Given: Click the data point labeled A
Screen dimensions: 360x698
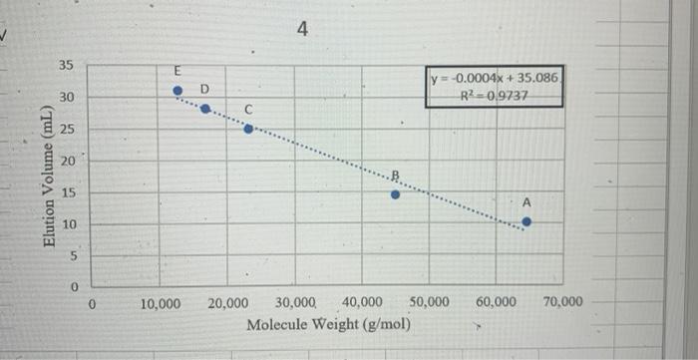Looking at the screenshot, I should click(x=526, y=222).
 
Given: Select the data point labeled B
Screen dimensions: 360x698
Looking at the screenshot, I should click(x=396, y=194).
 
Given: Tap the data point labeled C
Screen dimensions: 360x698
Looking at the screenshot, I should click(x=248, y=129).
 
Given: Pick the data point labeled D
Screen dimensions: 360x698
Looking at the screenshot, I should click(x=205, y=109).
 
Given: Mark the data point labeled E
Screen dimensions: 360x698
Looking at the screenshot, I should click(x=177, y=90).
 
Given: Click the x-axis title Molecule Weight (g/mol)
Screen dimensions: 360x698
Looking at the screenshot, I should click(x=328, y=325).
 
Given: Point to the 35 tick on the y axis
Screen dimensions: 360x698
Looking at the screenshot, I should click(x=67, y=67).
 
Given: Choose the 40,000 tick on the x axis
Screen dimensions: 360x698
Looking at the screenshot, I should click(x=361, y=302).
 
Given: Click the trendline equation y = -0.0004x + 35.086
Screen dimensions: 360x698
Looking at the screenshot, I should click(x=496, y=78).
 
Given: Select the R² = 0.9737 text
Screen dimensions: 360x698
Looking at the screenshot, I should click(x=496, y=96).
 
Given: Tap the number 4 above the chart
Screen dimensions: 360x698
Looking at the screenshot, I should click(x=303, y=31).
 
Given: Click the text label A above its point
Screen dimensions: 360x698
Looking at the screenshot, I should click(x=527, y=202).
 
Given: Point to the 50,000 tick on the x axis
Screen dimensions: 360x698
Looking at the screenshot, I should click(x=428, y=302).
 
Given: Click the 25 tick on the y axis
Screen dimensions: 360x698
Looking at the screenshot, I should click(x=67, y=130).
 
